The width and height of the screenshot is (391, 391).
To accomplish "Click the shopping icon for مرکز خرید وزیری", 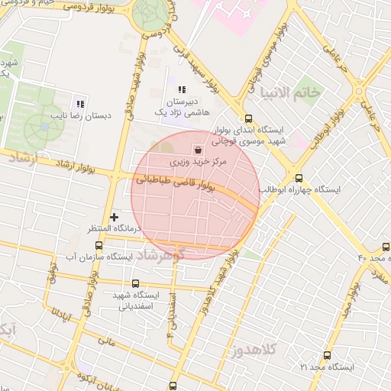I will pos(199,150).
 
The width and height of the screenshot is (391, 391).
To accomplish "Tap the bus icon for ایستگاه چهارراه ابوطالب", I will pos(299,176).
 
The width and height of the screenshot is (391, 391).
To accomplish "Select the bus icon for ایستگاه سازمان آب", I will pos(98,245).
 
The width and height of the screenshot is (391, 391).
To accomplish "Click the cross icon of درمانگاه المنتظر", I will pos(115,217).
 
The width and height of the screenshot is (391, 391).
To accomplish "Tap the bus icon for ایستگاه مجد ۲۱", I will pos(328,355).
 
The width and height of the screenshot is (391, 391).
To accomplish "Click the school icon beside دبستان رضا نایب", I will pos(79,104).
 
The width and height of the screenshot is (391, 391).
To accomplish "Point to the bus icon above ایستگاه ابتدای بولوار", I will pos(248,118).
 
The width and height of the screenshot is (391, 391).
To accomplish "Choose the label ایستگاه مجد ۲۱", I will pos(328,367).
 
